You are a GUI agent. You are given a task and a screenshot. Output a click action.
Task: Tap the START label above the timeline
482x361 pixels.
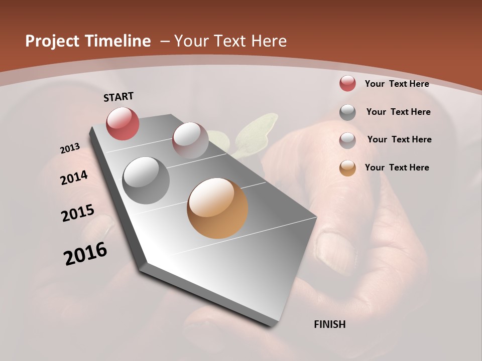[118, 97]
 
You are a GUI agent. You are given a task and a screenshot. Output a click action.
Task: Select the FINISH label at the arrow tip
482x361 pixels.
[330, 324]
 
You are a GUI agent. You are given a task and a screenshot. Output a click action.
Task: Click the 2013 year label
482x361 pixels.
[70, 148]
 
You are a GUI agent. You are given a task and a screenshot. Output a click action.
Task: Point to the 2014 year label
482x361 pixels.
[74, 177]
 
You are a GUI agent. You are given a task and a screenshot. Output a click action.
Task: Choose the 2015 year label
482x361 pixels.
[78, 213]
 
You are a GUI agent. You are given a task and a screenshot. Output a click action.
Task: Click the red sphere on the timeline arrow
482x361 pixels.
[123, 123]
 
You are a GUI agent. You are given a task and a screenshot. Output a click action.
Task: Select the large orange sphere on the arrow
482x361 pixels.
[217, 208]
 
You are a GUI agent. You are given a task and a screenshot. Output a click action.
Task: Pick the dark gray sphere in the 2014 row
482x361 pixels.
[146, 180]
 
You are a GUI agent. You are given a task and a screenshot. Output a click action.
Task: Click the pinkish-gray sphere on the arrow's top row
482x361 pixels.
[190, 140]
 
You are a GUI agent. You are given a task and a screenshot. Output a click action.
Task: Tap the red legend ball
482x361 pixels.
[347, 84]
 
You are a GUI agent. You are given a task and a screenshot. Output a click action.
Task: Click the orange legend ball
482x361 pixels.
[347, 168]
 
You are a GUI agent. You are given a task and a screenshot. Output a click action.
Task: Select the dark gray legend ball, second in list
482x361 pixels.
[347, 112]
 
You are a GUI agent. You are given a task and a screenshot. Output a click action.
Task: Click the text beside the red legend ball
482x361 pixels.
[397, 84]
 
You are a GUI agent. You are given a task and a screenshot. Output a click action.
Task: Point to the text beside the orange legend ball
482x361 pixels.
[397, 167]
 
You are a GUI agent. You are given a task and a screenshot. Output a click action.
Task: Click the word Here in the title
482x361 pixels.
[269, 41]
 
